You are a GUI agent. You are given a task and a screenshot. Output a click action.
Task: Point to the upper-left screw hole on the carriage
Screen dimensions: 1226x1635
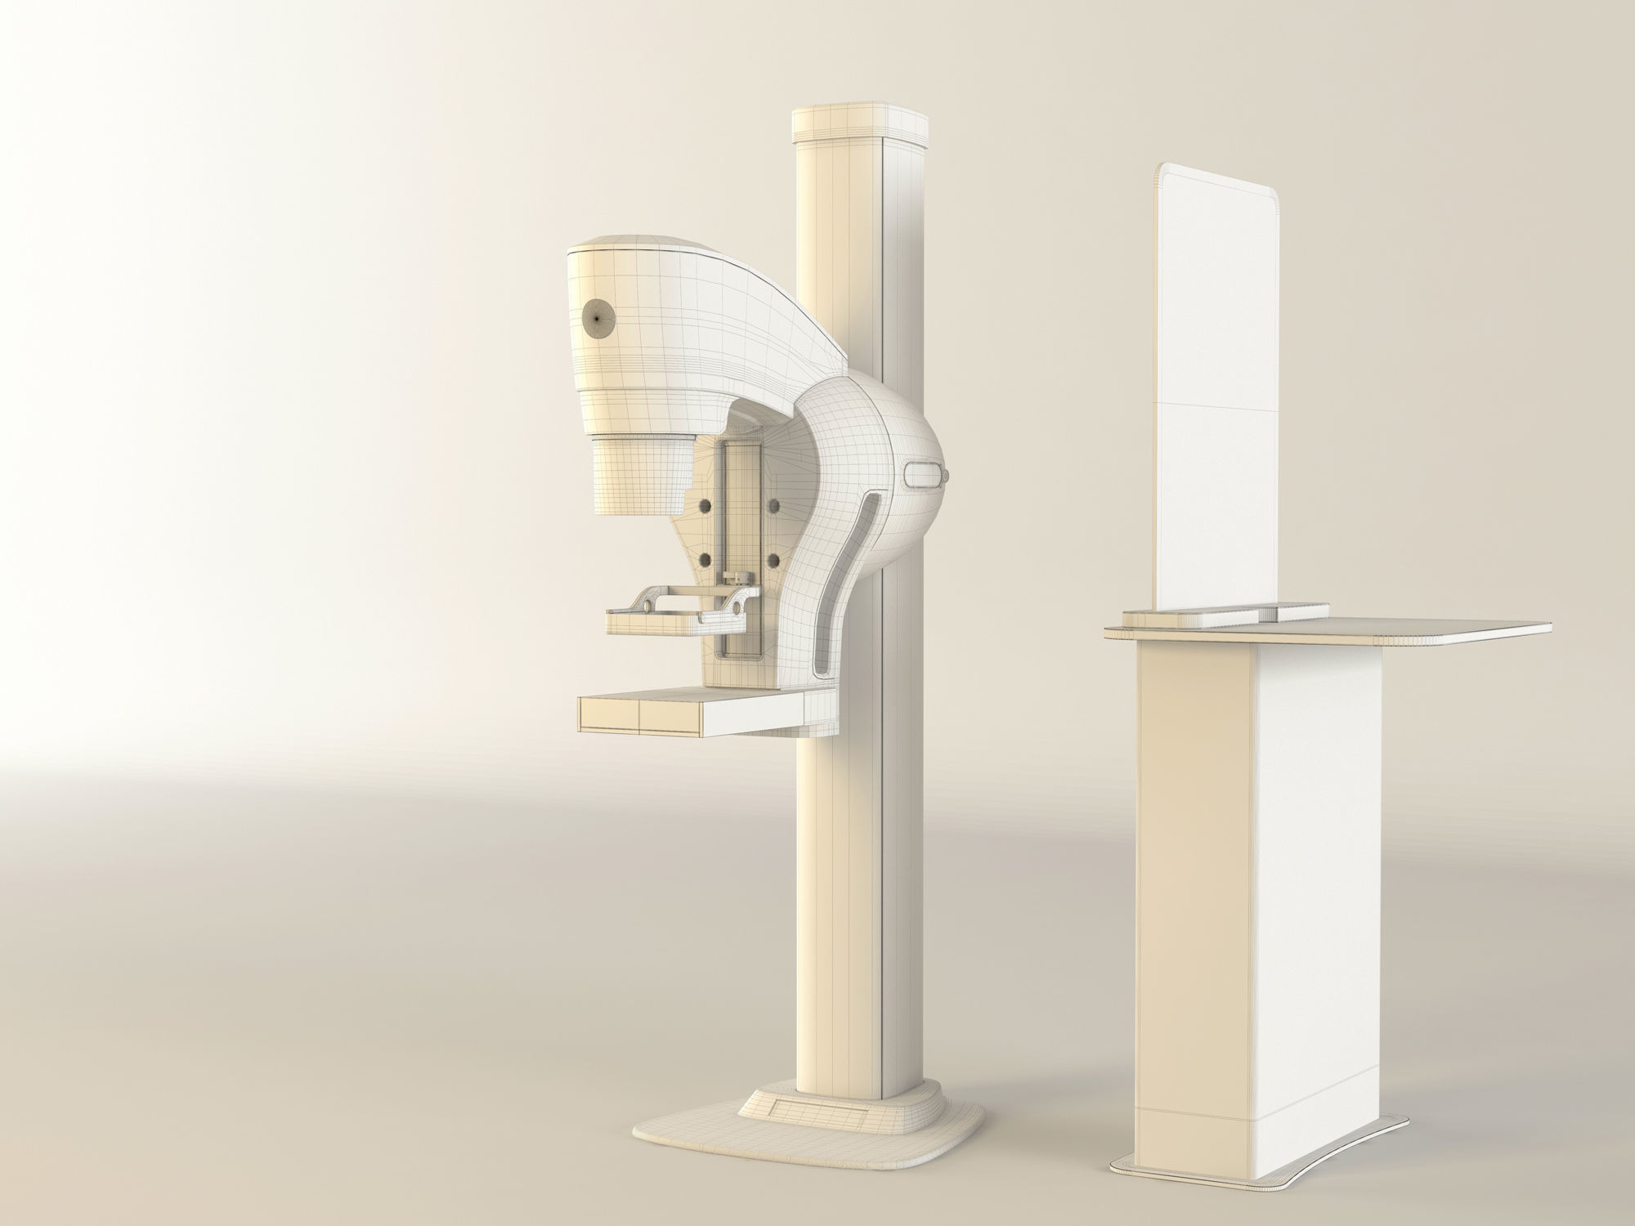(703, 507)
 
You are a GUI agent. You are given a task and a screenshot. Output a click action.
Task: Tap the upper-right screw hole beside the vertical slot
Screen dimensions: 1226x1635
(773, 507)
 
